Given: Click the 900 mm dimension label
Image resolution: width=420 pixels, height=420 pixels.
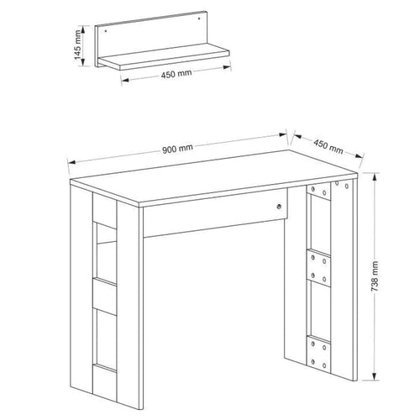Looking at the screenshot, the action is tap(177, 149).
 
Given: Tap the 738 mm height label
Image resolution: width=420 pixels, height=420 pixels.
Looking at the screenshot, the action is tap(375, 276).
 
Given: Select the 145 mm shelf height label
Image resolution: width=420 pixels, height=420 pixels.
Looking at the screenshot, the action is tap(77, 45).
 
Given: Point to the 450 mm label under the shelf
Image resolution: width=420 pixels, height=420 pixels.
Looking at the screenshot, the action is tap(176, 74).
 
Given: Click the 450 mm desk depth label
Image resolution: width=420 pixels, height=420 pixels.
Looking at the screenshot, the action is tap(328, 147).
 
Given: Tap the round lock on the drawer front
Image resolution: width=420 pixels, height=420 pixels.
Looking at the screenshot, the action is tap(279, 207).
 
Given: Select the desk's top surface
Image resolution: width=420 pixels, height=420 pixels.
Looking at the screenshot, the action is tap(213, 178).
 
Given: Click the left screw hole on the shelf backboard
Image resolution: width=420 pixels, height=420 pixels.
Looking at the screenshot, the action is tap(106, 31).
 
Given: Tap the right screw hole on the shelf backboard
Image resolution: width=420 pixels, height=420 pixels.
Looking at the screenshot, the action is tap(199, 18).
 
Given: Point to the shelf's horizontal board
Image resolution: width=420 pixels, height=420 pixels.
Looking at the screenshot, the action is tap(164, 57).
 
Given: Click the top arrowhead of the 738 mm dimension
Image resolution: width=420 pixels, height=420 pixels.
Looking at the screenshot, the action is tap(374, 176).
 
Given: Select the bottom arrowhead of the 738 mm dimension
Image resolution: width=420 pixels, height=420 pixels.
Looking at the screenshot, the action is tap(374, 376).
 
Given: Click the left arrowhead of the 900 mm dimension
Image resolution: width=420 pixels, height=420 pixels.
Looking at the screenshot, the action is tap(71, 162).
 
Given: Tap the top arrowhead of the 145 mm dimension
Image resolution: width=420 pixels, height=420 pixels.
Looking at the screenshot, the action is tap(82, 29).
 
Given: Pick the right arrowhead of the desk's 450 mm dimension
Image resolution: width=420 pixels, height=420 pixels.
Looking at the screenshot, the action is tap(360, 156).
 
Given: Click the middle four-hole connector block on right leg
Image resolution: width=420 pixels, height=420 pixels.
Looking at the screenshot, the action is tap(318, 268).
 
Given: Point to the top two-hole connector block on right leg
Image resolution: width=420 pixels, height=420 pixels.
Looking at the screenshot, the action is tap(318, 192).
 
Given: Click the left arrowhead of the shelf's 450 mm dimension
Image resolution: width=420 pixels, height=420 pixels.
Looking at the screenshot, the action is tap(125, 80).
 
